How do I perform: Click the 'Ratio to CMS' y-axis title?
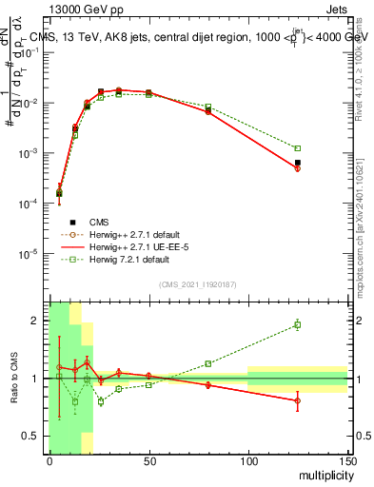tap(13, 379)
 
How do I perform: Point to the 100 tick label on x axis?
tap(247, 460)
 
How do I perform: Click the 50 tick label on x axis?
tap(148, 460)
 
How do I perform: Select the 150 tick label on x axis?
tap(346, 460)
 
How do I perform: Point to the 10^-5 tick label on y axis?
tap(30, 254)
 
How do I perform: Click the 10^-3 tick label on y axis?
tap(30, 153)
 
